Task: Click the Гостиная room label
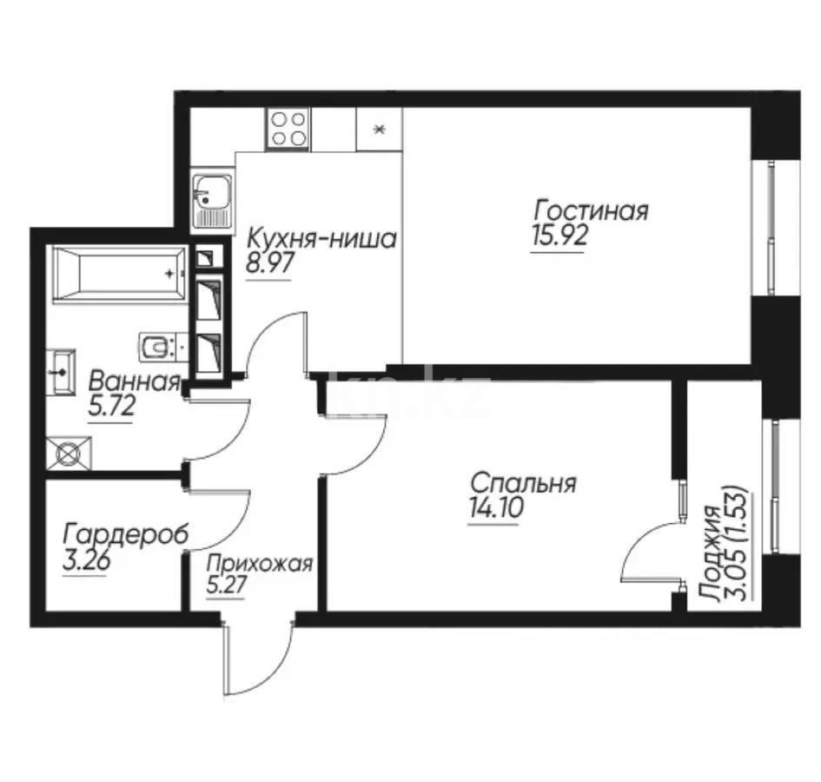point(591,211)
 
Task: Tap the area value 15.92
point(558,237)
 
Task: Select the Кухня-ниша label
point(321,238)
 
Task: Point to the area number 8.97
point(270,263)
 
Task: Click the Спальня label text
point(523,483)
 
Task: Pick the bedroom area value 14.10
point(494,509)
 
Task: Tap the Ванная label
point(135,381)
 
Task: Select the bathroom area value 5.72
point(111,406)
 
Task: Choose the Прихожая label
point(258,564)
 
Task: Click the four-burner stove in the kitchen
point(288,129)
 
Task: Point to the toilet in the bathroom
point(157,347)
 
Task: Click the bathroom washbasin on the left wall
point(61,368)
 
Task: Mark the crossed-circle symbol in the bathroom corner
point(68,452)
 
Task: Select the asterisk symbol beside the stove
point(378,130)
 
